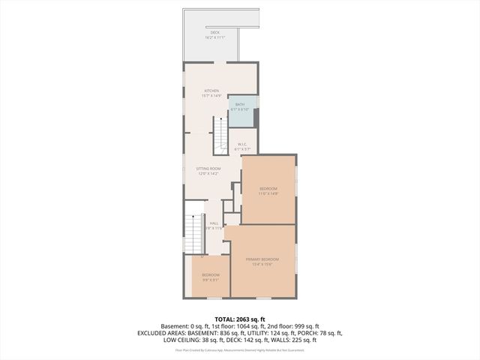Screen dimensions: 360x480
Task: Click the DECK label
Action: tap(214, 32)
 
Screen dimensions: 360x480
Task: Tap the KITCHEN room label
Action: tap(210, 91)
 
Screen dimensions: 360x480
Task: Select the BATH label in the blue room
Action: tap(240, 104)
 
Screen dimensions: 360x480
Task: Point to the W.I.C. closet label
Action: tap(242, 144)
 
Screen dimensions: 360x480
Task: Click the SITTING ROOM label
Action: tap(208, 169)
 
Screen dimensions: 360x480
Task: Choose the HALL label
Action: tap(214, 223)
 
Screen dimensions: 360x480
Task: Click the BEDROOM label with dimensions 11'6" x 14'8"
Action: tap(268, 187)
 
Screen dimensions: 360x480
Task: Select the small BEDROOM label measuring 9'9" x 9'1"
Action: tap(210, 275)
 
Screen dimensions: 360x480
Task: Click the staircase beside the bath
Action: tap(220, 135)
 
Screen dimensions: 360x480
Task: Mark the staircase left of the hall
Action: tap(193, 232)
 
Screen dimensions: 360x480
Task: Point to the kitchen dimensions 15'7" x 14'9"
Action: tap(210, 96)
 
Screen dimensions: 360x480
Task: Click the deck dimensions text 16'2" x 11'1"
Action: tap(214, 37)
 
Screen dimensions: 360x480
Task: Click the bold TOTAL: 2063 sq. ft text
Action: tap(239, 319)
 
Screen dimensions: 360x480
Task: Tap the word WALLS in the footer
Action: tap(285, 340)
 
